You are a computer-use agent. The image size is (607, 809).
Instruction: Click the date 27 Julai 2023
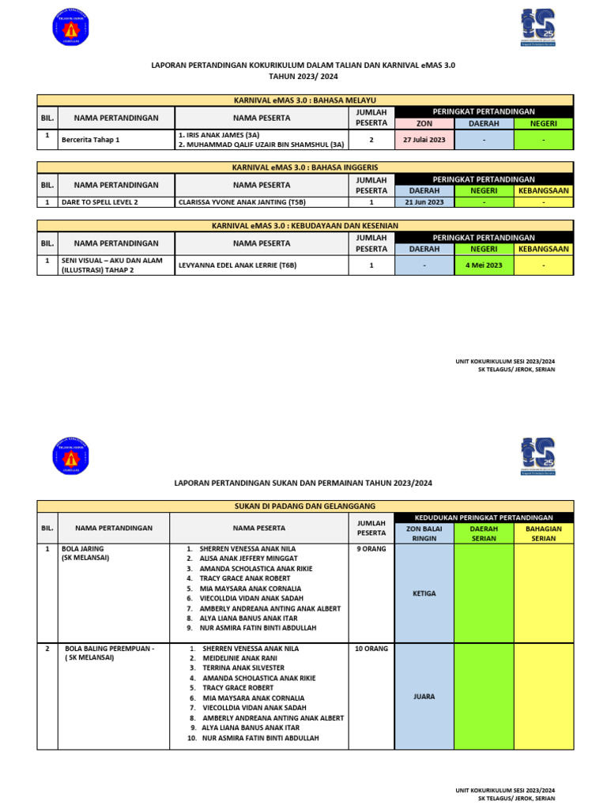pyautogui.click(x=424, y=140)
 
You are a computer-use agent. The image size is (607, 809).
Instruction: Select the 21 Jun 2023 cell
pyautogui.click(x=424, y=202)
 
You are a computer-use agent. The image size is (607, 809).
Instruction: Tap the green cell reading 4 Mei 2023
pyautogui.click(x=484, y=265)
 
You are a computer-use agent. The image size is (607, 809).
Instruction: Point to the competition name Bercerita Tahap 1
pyautogui.click(x=92, y=140)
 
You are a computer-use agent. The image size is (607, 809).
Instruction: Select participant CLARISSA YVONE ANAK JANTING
pyautogui.click(x=243, y=202)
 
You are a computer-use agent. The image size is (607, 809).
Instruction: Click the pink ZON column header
pyautogui.click(x=424, y=123)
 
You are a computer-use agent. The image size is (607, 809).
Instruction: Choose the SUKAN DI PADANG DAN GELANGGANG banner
pyautogui.click(x=304, y=506)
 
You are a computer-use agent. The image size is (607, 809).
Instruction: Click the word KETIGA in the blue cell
pyautogui.click(x=424, y=593)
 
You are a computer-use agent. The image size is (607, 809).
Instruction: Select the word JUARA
pyautogui.click(x=424, y=697)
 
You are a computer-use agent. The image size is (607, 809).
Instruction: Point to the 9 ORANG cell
pyautogui.click(x=371, y=548)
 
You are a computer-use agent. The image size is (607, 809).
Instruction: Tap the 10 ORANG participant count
pyautogui.click(x=371, y=649)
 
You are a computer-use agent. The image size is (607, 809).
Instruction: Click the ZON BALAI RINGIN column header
pyautogui.click(x=424, y=533)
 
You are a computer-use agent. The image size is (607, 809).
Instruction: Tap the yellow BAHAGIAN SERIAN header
pyautogui.click(x=544, y=533)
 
